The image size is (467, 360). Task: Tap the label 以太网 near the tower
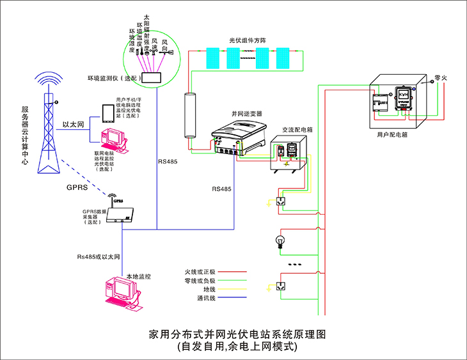(73, 125)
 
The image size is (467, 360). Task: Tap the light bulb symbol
(280, 241)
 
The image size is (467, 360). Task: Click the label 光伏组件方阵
(248, 40)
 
